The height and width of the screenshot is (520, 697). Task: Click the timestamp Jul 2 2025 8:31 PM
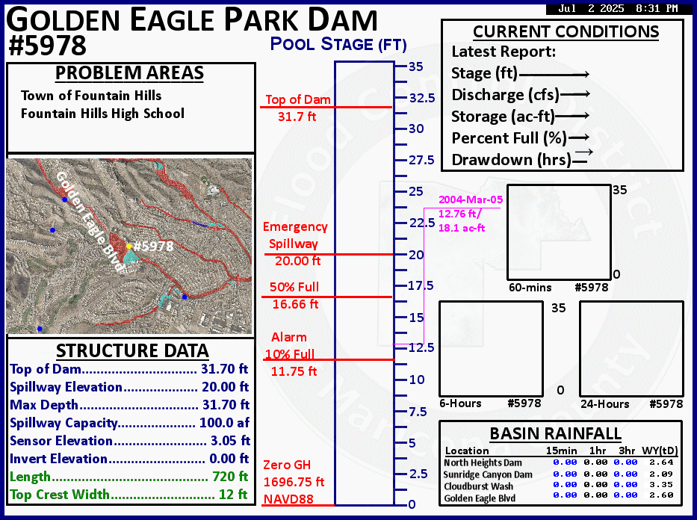point(618,8)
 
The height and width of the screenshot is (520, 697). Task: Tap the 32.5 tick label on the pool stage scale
point(422,98)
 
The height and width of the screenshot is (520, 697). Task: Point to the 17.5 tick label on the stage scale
point(421,285)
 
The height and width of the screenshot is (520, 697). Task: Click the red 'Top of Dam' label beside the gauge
point(298,99)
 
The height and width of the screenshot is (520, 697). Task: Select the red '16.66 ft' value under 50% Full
point(295,304)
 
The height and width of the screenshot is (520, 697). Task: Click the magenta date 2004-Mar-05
point(471,199)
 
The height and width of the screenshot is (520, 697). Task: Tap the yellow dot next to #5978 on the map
point(129,246)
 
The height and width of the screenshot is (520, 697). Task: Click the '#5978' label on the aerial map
point(153,246)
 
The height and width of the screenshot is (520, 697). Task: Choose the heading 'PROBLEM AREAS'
point(129,73)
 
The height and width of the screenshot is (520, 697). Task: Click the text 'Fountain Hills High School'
point(102,114)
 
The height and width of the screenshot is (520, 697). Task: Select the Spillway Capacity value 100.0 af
point(224,422)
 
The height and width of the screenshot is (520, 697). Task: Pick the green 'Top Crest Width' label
point(60,494)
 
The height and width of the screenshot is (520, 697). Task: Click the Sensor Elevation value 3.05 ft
point(230,441)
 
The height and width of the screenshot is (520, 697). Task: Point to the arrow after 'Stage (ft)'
point(554,75)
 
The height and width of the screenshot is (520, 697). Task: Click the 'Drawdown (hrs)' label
point(511,160)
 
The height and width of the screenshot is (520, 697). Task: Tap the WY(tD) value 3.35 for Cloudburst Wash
point(661,484)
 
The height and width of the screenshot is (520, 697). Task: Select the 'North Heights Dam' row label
point(483,462)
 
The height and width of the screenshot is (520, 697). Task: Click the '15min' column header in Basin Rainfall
point(562,451)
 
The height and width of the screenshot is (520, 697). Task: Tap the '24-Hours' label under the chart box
point(604,404)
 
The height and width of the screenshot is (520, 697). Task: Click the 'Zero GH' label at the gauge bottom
point(287,465)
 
